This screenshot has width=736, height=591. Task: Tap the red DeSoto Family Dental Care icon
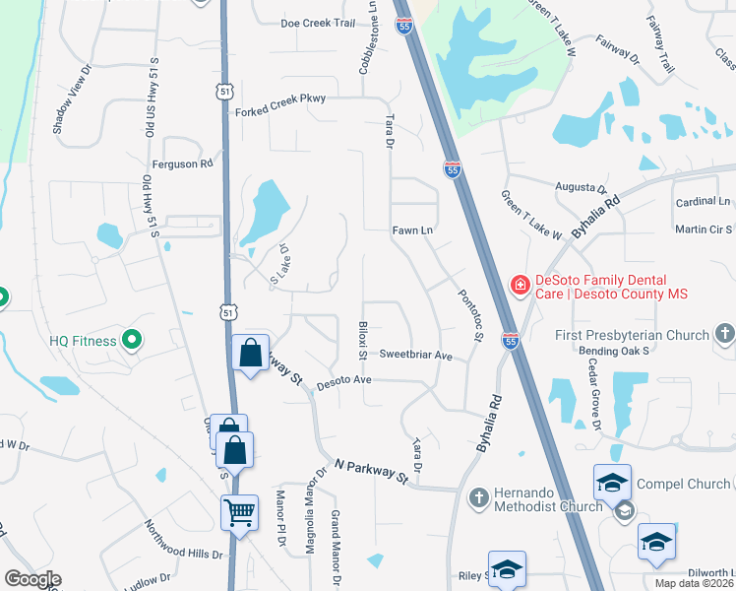tap(519, 285)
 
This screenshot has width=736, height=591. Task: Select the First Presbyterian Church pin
tap(724, 334)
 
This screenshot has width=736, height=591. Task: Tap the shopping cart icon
tap(240, 512)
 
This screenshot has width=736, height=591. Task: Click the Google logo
tap(31, 579)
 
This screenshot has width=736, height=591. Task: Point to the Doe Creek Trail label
tap(317, 23)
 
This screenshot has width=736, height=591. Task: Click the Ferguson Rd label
tap(182, 164)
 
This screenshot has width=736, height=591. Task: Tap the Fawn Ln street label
tap(413, 230)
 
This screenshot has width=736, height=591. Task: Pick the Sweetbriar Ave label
tap(415, 355)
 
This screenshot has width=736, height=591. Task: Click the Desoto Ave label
tap(342, 380)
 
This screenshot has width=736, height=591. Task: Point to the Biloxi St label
tap(363, 338)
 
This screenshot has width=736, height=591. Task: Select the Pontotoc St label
tap(469, 315)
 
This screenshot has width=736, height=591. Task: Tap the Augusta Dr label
tap(581, 187)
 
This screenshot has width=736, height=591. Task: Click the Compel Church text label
tap(683, 484)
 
